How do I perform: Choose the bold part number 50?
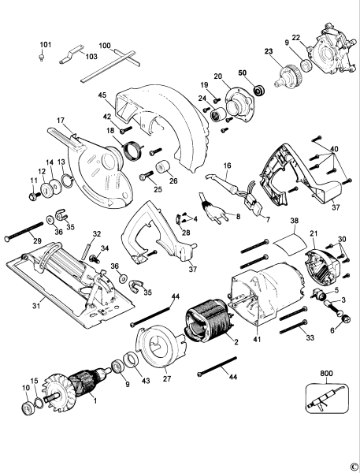(x=243, y=73)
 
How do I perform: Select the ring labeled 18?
(x=132, y=147)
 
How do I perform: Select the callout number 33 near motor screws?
(x=310, y=337)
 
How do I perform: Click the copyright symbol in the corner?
(x=354, y=466)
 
